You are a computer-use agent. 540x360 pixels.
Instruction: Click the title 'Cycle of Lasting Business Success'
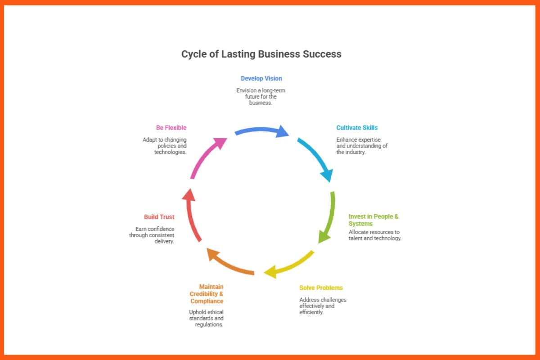(x=261, y=54)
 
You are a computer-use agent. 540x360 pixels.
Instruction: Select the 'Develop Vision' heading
(x=261, y=78)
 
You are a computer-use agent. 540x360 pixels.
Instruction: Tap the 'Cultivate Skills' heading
(x=357, y=128)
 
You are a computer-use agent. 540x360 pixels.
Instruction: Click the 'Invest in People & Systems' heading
(x=373, y=220)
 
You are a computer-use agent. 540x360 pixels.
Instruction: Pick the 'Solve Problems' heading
(x=321, y=288)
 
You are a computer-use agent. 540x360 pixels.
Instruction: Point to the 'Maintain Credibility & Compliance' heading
(x=207, y=294)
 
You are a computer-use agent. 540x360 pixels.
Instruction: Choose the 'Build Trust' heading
(x=159, y=217)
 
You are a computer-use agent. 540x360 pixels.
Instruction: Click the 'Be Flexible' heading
(x=171, y=128)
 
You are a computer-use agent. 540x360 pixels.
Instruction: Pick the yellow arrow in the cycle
(x=290, y=265)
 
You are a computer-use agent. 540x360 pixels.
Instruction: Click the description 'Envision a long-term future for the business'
(x=261, y=97)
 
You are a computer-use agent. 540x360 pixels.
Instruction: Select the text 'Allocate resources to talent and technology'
(x=374, y=235)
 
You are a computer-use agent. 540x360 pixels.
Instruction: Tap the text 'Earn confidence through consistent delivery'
(x=152, y=235)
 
